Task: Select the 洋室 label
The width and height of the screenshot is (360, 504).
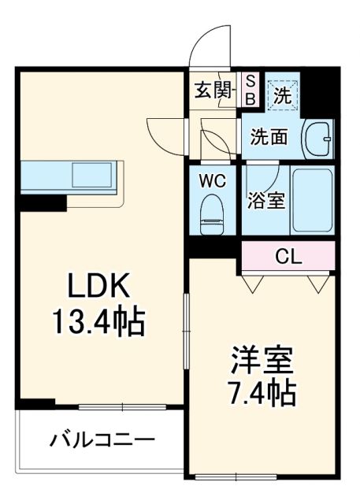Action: tap(262, 359)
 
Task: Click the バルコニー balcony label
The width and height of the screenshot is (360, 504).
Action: tap(102, 439)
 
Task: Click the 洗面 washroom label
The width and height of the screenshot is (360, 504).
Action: tap(268, 136)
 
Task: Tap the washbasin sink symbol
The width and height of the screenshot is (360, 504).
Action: tap(318, 137)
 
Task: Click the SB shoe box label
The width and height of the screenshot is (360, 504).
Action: tap(251, 88)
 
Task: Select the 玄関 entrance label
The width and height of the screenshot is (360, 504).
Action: tap(213, 89)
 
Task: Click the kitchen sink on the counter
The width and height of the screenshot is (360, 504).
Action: tap(94, 174)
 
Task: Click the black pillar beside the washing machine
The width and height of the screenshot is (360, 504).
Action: tap(318, 91)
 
